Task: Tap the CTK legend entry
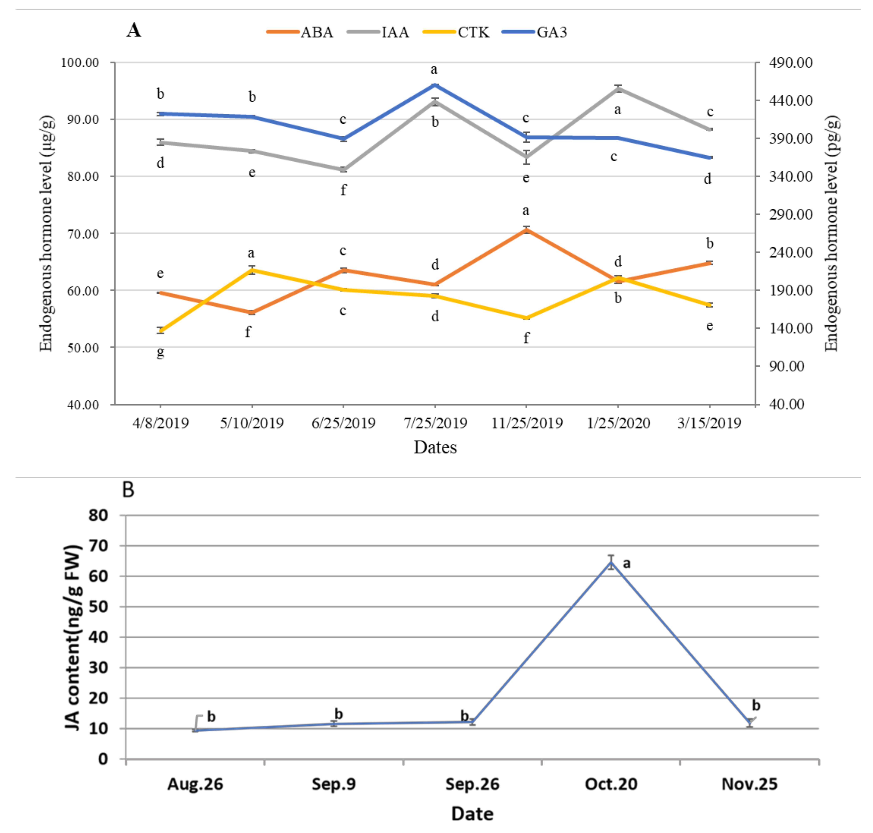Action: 473,32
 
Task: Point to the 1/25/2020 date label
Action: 618,423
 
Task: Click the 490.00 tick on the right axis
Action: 790,63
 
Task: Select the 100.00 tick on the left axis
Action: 80,63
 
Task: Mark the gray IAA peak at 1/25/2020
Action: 618,88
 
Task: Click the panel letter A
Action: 134,30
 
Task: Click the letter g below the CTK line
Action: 160,353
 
